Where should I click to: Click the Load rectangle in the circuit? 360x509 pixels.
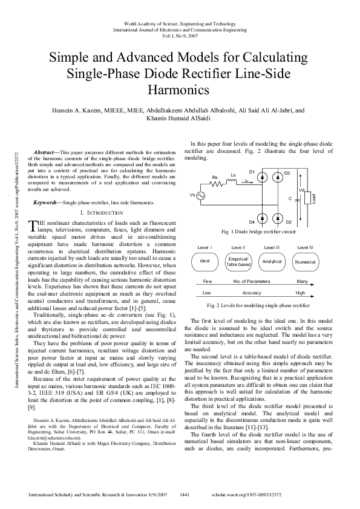point(307,198)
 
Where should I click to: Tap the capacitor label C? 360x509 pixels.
point(290,198)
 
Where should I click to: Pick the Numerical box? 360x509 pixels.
point(304,262)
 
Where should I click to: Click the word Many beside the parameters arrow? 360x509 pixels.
point(303,282)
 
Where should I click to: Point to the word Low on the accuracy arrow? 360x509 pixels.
point(206,293)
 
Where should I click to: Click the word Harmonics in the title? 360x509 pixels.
point(178,90)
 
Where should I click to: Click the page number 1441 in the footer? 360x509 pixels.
point(185,495)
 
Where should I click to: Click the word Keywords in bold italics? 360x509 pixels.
point(45,202)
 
